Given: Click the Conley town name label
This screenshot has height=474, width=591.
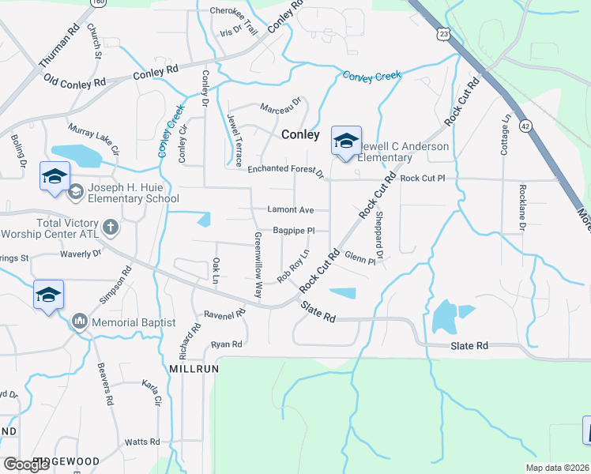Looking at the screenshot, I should [301, 135].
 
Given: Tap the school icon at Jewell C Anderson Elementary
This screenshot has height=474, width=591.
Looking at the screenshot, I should [346, 141].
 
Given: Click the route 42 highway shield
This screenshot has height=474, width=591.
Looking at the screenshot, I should [525, 126].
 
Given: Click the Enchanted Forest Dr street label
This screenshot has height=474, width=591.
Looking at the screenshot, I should [286, 170].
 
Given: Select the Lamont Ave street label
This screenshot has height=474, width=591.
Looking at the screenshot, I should [289, 210].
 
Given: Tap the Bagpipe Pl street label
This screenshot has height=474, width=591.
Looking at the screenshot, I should [293, 231].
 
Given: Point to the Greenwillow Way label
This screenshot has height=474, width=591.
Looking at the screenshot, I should [258, 265].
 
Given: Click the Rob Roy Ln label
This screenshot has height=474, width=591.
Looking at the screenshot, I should [292, 267].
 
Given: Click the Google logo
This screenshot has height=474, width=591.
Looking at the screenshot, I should [27, 464].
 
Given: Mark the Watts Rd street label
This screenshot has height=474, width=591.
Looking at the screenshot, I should [142, 442].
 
